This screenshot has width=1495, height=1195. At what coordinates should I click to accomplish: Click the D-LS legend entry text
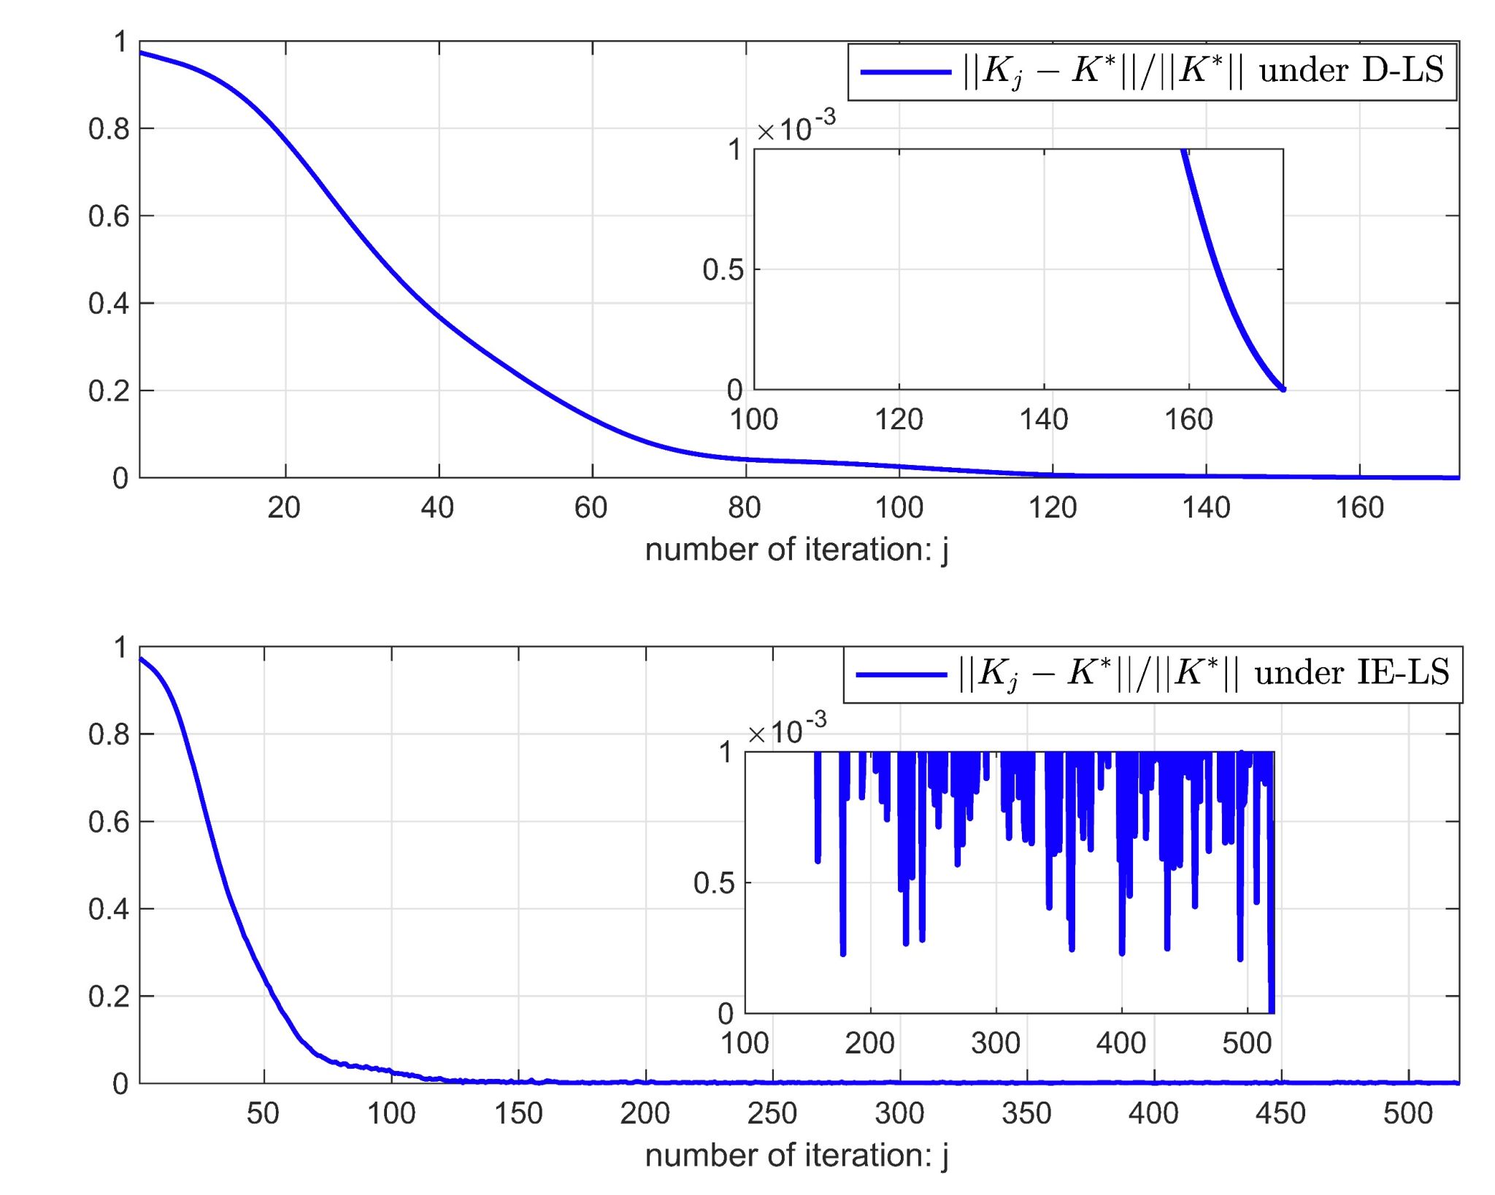click(x=1203, y=71)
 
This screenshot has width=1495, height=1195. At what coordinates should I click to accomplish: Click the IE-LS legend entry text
click(x=1203, y=673)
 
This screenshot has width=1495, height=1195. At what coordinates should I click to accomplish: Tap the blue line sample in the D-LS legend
click(x=906, y=72)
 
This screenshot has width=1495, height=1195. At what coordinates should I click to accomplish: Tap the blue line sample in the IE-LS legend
click(x=901, y=674)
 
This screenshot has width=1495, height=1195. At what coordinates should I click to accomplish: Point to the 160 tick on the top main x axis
click(x=1359, y=507)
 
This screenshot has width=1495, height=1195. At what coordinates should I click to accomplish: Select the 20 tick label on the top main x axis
click(x=284, y=507)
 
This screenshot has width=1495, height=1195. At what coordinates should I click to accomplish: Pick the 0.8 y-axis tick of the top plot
click(x=109, y=129)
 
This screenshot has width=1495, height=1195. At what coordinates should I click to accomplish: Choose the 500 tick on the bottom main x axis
click(x=1407, y=1113)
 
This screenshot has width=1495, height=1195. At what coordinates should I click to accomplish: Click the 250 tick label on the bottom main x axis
click(x=772, y=1113)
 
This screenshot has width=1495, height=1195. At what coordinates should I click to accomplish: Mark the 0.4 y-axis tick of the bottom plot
click(x=109, y=910)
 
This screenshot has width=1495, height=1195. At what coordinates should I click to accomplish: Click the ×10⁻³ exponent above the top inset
click(x=796, y=128)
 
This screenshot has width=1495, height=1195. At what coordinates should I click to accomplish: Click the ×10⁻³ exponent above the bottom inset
click(x=788, y=730)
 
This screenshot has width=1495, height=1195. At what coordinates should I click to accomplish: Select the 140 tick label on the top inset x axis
click(x=1044, y=420)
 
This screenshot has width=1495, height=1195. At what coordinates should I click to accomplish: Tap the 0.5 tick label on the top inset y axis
click(x=723, y=270)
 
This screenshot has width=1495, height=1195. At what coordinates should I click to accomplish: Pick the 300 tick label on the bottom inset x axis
click(x=996, y=1043)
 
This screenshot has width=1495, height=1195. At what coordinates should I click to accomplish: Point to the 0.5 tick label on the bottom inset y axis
click(x=714, y=883)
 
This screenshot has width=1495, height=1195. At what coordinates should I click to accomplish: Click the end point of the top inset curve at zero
click(x=1283, y=389)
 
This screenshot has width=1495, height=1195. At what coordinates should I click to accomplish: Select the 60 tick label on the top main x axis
click(x=591, y=507)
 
